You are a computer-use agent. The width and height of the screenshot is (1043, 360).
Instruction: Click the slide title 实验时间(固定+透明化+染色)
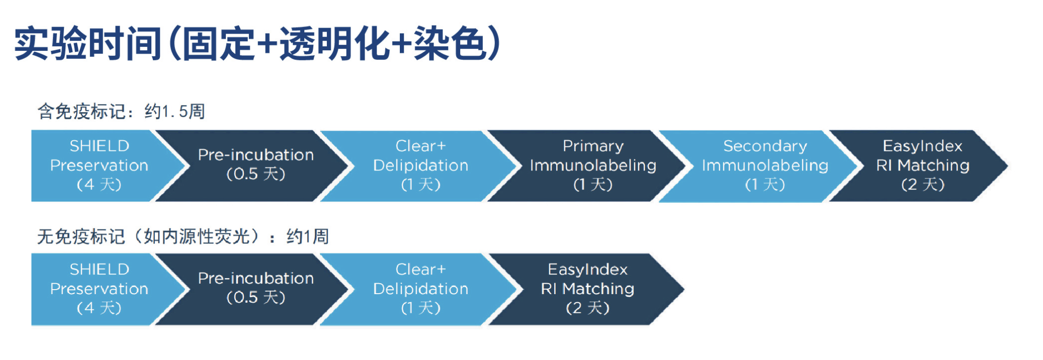257,44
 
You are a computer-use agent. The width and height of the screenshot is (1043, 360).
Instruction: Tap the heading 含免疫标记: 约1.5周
121,111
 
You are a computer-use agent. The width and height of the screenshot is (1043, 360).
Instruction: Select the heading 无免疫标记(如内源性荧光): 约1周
183,236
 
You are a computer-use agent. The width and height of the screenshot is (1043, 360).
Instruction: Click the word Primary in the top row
593,146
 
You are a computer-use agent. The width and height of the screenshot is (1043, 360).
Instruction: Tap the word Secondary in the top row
765,146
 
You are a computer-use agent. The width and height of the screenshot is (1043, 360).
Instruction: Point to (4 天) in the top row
99,184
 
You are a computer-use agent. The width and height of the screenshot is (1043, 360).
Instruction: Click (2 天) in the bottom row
587,307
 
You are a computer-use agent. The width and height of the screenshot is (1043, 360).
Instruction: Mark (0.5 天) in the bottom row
255,297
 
